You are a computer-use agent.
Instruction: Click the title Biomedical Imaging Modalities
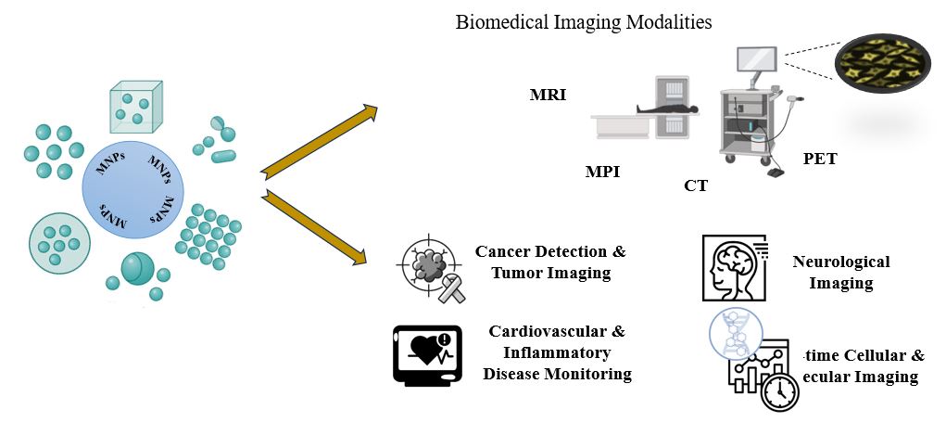tap(584, 22)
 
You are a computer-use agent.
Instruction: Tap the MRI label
tap(548, 95)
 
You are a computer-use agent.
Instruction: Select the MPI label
tap(602, 172)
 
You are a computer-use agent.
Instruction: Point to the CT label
tap(696, 185)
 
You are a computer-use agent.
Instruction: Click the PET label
tap(820, 159)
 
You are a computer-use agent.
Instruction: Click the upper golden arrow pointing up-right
tap(320, 140)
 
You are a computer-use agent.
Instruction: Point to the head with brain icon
tap(734, 267)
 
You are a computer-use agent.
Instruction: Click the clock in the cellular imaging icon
tap(779, 392)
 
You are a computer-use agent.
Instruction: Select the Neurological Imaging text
tap(841, 273)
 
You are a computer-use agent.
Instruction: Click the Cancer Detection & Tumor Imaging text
tap(550, 262)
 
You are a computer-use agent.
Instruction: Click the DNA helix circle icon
tap(734, 332)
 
